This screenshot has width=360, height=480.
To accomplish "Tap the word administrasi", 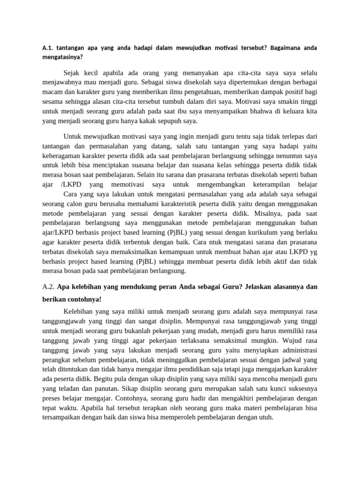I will tap(298, 350).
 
